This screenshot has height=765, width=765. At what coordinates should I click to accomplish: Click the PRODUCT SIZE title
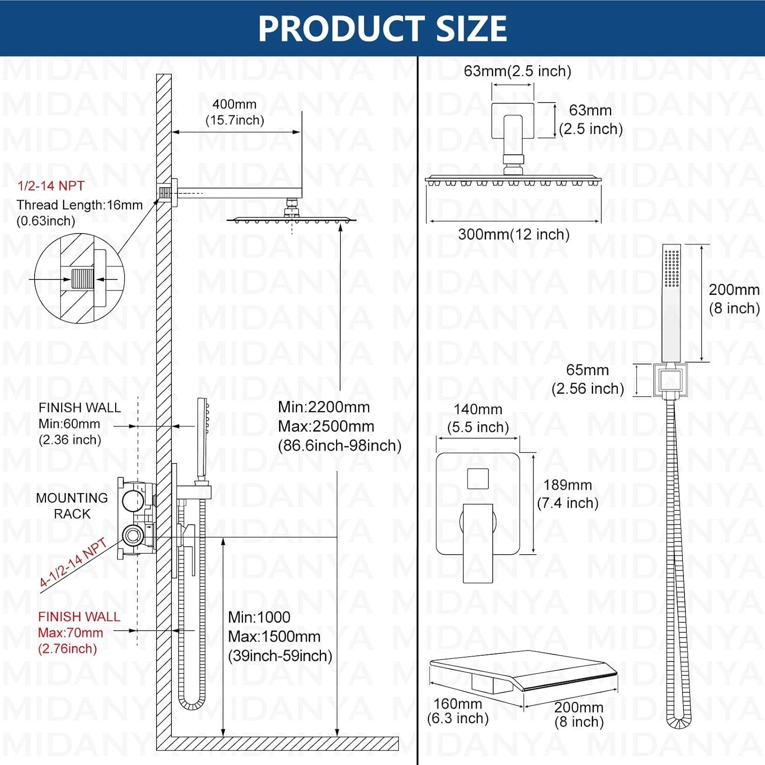tap(382, 28)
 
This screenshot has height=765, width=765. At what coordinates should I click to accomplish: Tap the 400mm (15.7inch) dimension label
tap(235, 112)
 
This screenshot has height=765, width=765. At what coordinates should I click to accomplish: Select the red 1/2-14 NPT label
tap(51, 186)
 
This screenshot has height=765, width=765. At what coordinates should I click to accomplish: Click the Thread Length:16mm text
tap(80, 205)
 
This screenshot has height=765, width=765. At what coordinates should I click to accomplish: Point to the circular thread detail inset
tap(80, 278)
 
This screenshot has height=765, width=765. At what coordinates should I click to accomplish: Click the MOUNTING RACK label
tap(72, 505)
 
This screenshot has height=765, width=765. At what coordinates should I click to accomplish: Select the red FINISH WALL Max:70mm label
tap(79, 632)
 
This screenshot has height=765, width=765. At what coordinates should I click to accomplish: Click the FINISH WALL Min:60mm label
tap(80, 423)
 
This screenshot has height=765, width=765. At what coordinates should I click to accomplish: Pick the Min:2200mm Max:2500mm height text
tap(340, 426)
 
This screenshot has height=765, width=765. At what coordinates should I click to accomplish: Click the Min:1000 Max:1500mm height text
tap(280, 636)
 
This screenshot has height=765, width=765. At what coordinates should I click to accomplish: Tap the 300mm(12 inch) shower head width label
tap(514, 234)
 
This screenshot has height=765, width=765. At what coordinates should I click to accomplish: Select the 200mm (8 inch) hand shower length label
tap(734, 299)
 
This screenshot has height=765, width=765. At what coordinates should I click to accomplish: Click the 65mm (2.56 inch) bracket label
tap(588, 379)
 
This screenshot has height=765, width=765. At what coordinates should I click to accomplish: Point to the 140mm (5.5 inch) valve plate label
tap(478, 418)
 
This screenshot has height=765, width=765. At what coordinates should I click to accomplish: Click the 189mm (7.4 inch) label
tap(568, 494)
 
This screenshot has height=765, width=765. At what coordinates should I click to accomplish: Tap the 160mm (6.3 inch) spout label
tap(458, 711)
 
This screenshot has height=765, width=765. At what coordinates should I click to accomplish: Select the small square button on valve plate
tap(478, 478)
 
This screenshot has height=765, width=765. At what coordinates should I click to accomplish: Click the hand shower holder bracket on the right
tap(670, 380)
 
